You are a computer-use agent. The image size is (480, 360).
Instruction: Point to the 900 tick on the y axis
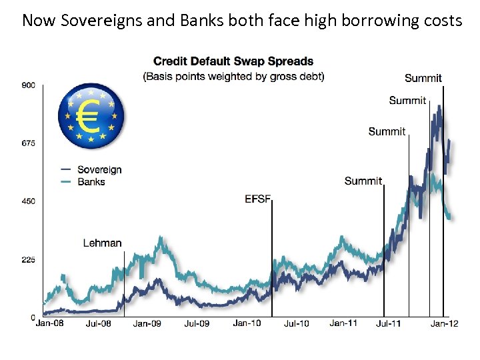29,85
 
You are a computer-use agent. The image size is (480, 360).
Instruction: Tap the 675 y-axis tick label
29,143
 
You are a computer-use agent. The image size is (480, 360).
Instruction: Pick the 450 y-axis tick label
29,201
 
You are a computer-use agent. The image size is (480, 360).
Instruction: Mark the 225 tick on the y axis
29,260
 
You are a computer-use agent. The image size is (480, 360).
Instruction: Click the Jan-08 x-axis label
50,323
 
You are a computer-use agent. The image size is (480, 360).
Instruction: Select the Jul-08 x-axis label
99,323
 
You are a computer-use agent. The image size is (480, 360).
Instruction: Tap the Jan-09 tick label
147,323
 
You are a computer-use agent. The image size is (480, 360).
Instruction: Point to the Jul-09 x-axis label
197,323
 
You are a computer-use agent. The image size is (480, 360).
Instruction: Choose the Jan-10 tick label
246,323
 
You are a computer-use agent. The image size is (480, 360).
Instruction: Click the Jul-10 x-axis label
296,323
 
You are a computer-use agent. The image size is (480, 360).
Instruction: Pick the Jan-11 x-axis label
344,323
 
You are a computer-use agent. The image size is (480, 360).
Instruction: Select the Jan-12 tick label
442,323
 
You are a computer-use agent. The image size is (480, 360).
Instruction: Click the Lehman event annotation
102,243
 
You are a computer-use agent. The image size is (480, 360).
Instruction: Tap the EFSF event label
257,199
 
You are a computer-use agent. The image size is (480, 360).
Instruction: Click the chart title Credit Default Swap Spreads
233,62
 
